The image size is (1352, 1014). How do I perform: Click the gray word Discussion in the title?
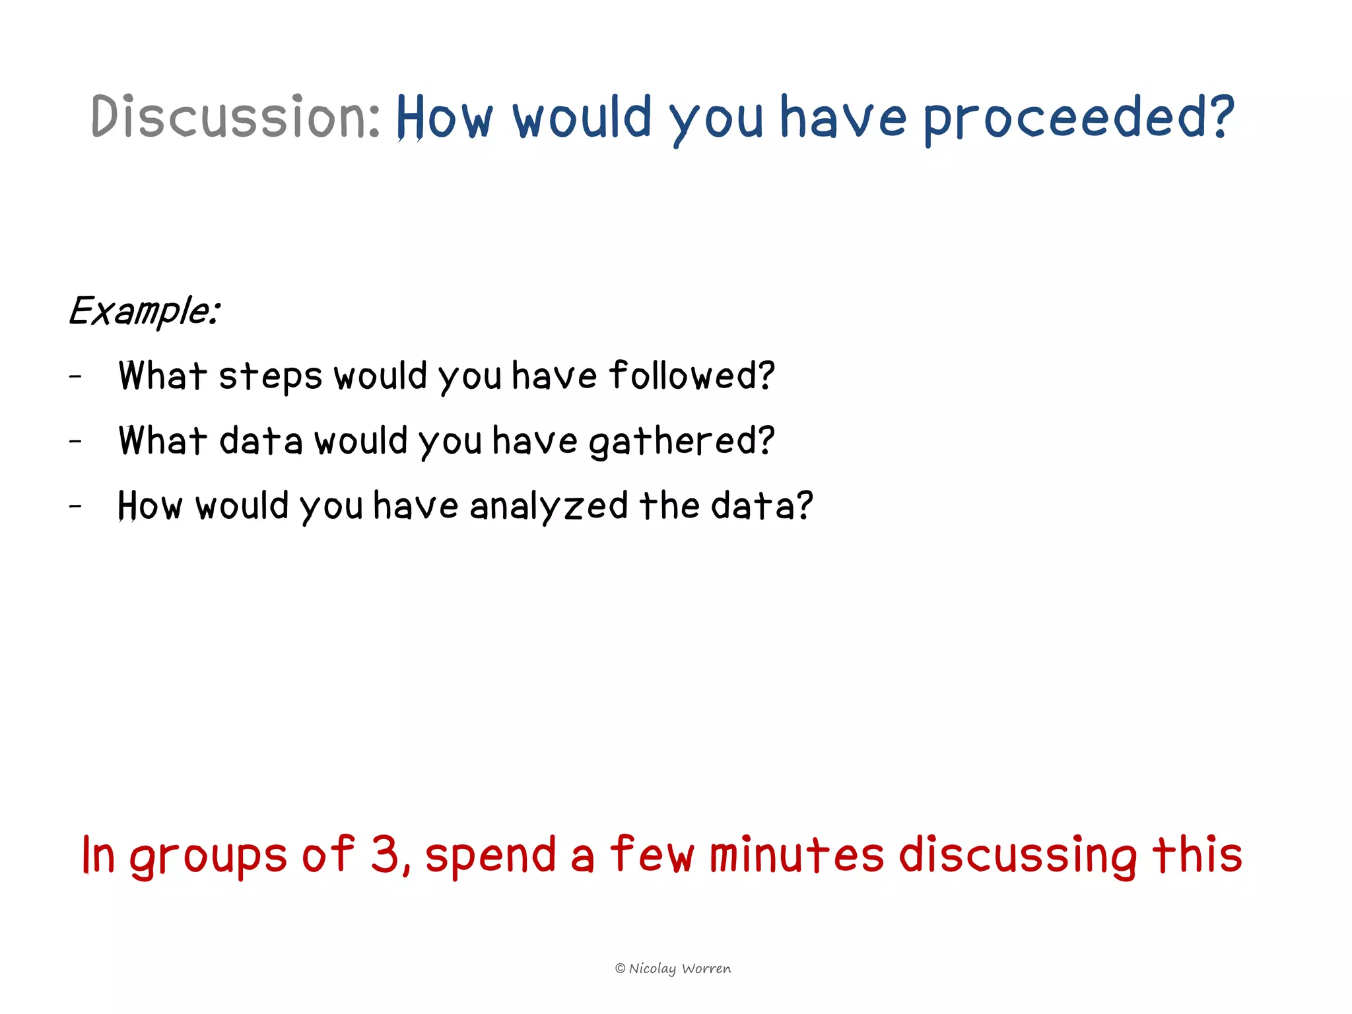click(x=234, y=117)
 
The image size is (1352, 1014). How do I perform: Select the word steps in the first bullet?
click(x=270, y=376)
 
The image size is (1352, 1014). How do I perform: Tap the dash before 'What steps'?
click(x=76, y=376)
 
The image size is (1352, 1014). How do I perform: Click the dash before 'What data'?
click(x=76, y=441)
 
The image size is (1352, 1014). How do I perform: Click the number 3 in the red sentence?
click(x=385, y=854)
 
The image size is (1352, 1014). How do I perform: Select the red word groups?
click(x=208, y=856)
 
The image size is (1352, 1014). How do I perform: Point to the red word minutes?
click(x=796, y=854)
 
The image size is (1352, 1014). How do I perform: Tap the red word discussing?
click(x=1017, y=856)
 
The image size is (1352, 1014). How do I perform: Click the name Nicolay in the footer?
click(x=652, y=968)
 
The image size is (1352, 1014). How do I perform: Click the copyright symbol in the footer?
click(x=620, y=968)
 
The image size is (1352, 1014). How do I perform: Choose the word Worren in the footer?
click(x=706, y=968)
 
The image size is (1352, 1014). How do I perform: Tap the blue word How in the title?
click(x=444, y=118)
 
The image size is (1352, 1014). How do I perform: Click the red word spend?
click(x=490, y=856)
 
